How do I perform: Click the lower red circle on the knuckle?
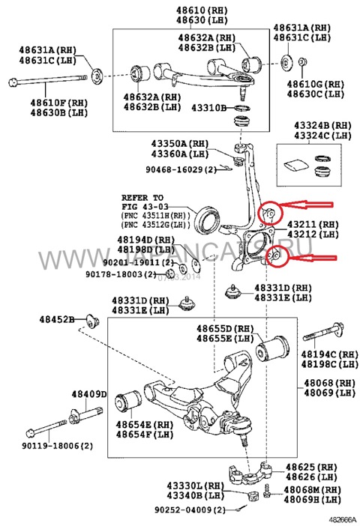click(276, 256)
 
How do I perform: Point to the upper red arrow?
click(307, 203)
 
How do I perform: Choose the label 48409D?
click(89, 393)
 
